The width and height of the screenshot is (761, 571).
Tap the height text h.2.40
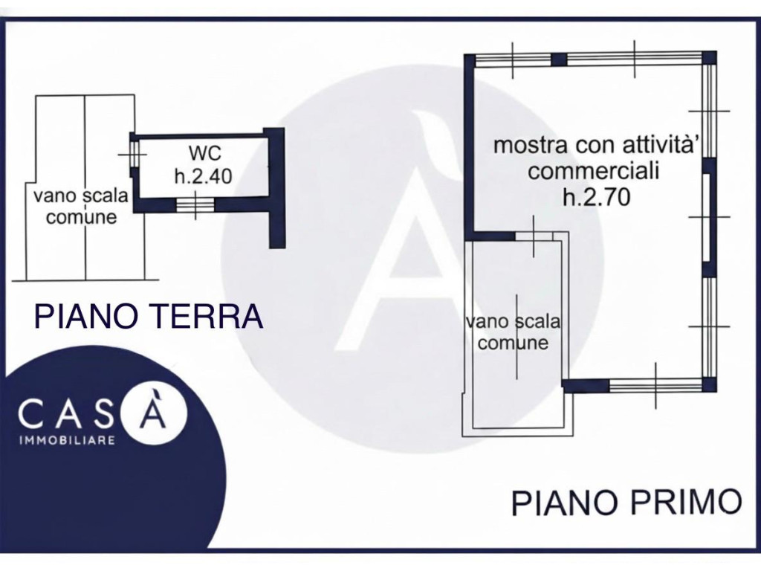point(203,176)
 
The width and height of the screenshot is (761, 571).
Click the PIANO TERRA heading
point(149,317)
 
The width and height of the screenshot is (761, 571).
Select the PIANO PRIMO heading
point(626,502)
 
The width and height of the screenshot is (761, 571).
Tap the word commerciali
point(594,171)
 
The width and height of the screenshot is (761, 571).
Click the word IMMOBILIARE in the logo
point(66,440)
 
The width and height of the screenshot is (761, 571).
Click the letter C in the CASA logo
point(33,414)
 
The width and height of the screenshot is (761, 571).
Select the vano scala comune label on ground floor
point(81,207)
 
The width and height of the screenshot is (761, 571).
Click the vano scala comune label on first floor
point(513,332)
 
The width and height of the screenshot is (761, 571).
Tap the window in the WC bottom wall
point(195,204)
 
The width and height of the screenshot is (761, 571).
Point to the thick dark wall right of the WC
point(276,190)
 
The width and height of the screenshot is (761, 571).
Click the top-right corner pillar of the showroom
point(710,58)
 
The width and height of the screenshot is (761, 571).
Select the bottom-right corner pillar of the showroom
point(710,384)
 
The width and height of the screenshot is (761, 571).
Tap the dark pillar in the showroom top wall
point(558,59)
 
